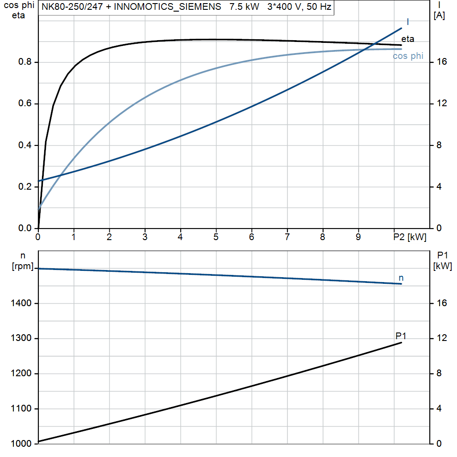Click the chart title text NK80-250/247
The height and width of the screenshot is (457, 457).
[71, 8]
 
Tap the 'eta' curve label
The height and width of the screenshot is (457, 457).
[407, 39]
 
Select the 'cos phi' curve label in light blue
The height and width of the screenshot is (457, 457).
[408, 56]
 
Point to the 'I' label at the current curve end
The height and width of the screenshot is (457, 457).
[408, 22]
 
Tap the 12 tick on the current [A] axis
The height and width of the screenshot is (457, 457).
[441, 104]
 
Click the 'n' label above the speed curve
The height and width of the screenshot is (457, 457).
[401, 278]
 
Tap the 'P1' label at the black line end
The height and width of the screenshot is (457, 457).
[401, 336]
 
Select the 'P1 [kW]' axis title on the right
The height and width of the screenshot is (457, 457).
[443, 261]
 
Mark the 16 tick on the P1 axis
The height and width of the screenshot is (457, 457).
[441, 303]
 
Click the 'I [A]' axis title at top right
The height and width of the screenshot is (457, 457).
[439, 11]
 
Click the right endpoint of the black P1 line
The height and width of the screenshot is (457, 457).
[402, 342]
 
